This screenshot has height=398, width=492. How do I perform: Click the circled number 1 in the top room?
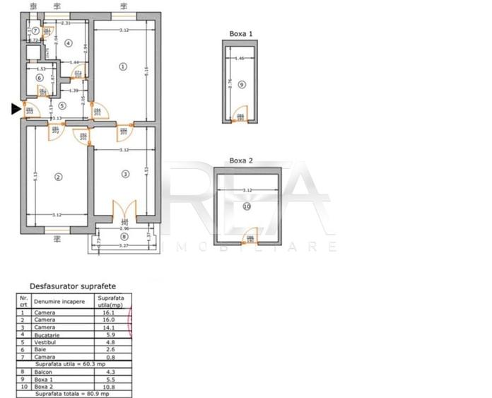(123, 67)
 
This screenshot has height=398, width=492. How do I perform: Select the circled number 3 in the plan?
(125, 174)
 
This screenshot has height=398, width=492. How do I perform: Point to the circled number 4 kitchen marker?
(68, 43)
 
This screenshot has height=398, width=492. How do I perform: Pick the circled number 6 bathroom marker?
(40, 78)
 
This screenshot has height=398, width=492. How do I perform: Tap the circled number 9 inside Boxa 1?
(242, 85)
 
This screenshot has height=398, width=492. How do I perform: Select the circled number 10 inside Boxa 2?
(247, 206)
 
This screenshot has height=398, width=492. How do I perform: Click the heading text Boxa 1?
(241, 33)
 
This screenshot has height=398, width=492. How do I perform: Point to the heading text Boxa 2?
(241, 160)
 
